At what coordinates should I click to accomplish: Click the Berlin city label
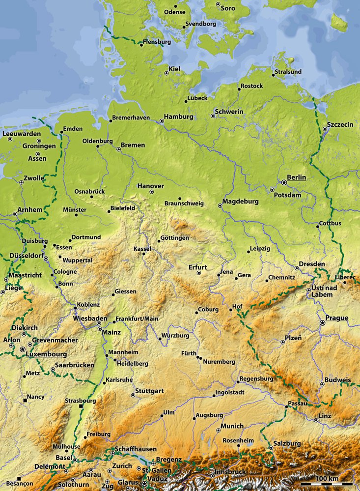click(x=297, y=177)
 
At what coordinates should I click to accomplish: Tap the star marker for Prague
click(x=322, y=323)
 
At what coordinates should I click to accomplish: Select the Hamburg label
click(x=179, y=117)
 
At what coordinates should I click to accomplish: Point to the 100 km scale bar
click(x=327, y=484)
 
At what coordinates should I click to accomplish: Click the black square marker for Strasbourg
click(x=82, y=406)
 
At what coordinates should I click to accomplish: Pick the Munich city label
click(x=232, y=426)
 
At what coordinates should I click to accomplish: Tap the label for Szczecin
click(x=340, y=125)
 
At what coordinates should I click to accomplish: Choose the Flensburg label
click(x=157, y=42)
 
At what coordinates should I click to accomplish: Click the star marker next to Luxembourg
click(x=22, y=349)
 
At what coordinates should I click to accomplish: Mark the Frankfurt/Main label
click(x=137, y=319)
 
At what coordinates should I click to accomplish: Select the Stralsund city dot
click(x=274, y=75)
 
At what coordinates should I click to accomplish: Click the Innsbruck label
click(x=230, y=472)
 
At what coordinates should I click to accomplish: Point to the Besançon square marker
click(x=19, y=478)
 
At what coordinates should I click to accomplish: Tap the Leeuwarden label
click(x=21, y=134)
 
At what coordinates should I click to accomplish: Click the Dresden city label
click(x=312, y=264)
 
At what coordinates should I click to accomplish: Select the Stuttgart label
click(x=149, y=391)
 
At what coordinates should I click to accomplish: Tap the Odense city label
click(x=175, y=12)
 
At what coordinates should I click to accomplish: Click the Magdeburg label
click(x=240, y=202)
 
